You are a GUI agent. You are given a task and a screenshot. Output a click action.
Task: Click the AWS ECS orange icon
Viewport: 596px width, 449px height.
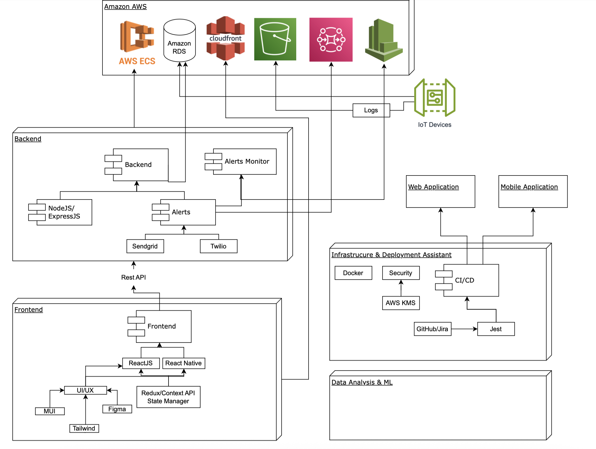[137, 37]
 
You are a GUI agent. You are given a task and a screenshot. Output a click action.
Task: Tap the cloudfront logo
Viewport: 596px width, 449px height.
[225, 38]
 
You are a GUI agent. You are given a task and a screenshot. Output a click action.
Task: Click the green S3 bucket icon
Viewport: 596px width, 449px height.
[275, 39]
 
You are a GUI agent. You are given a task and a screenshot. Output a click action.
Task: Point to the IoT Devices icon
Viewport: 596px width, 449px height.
[435, 97]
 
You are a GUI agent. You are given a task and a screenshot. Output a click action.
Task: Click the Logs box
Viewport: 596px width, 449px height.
[371, 110]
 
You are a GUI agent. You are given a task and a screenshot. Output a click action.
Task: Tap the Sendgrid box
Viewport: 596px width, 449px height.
[145, 246]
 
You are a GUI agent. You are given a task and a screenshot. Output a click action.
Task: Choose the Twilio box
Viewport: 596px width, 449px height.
[218, 246]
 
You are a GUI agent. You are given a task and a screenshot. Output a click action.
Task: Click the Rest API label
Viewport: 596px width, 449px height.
[134, 277]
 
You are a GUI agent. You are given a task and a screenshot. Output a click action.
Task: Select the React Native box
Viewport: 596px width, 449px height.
[183, 363]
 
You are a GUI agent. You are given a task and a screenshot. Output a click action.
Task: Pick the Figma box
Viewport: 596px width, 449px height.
[117, 409]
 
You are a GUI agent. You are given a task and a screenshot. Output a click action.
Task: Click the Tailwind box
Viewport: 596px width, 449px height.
[84, 428]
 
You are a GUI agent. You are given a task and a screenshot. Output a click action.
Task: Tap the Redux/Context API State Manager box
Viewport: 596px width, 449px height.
[168, 397]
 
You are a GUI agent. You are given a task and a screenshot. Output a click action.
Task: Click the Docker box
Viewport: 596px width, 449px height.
[353, 273]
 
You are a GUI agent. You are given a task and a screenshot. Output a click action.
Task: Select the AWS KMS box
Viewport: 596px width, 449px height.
[401, 303]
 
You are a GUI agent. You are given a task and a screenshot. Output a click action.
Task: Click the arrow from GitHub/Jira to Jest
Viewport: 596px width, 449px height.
[464, 329]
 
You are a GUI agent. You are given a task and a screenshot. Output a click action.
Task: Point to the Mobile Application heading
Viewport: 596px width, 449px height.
[529, 187]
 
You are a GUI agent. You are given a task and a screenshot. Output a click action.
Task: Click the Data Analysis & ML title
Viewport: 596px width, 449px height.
[362, 382]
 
